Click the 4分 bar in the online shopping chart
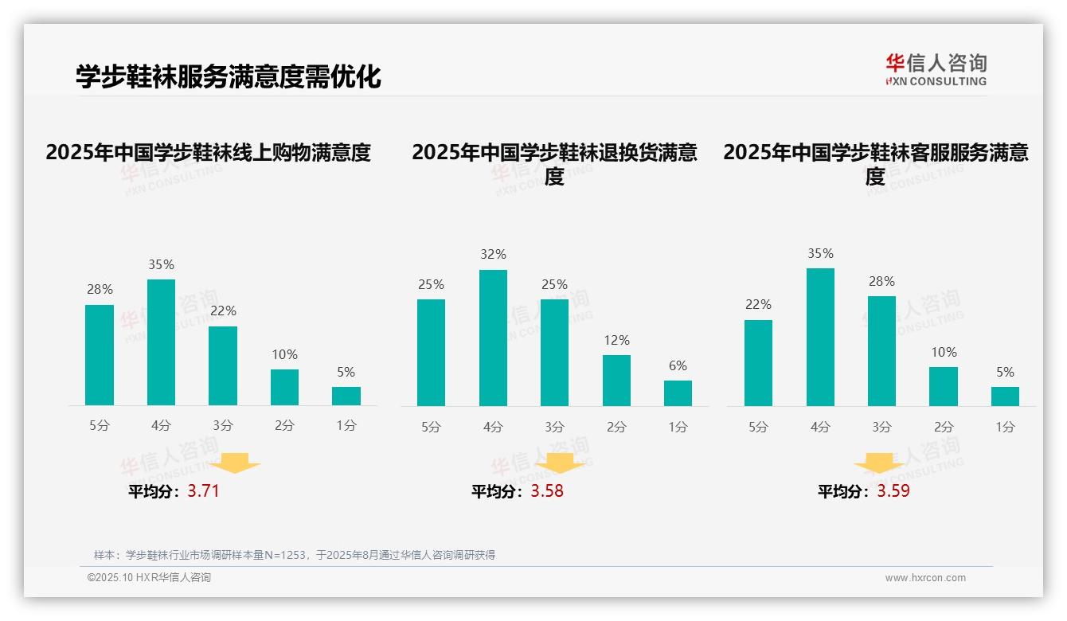click(162, 342)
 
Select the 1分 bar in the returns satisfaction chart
click(678, 393)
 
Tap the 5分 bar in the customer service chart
click(758, 363)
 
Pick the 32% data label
click(493, 255)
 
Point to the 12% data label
click(616, 340)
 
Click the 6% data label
click(678, 366)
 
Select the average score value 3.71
click(203, 491)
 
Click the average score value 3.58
click(547, 491)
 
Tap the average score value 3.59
click(893, 491)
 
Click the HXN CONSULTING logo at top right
click(936, 69)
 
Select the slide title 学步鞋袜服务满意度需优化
click(229, 76)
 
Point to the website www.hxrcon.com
click(925, 578)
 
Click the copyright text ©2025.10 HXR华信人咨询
click(149, 578)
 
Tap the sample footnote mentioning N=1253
click(295, 555)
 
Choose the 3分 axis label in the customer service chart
click(881, 428)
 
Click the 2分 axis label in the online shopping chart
click(284, 426)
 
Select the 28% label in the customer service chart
click(881, 282)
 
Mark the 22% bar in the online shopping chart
click(223, 366)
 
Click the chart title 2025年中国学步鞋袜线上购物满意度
click(209, 153)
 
